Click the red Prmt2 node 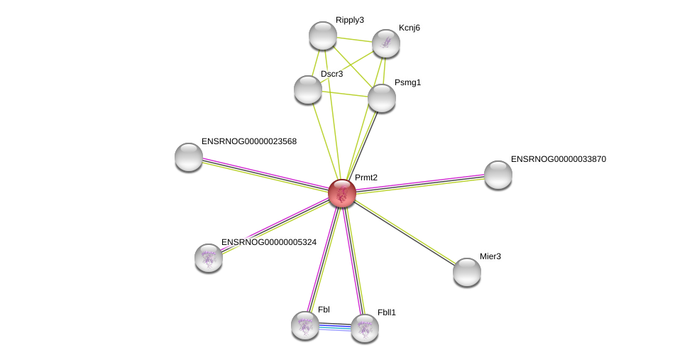(341, 193)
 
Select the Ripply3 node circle (323, 36)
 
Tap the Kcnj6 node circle (386, 43)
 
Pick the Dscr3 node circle (308, 89)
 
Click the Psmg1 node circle (382, 98)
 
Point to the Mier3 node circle (467, 272)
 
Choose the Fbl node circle (305, 325)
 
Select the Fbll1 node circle (365, 328)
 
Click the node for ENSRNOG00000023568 (189, 157)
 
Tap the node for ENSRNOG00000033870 (498, 175)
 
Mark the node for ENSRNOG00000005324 (209, 258)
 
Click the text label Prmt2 (366, 178)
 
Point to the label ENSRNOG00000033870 (558, 159)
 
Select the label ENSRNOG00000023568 (248, 141)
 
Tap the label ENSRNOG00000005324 (268, 242)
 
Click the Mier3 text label (490, 256)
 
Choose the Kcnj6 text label (409, 28)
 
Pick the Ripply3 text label (349, 20)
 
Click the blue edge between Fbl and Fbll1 (335, 327)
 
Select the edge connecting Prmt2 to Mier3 (405, 233)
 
